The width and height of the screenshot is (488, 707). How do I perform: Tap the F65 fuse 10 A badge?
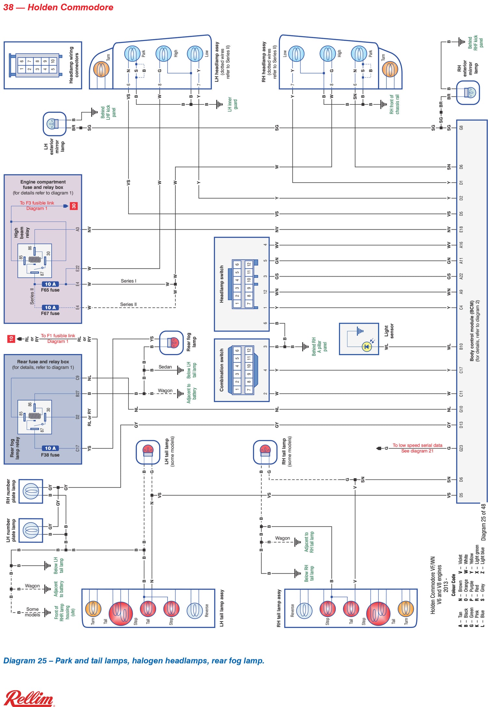[x=50, y=284]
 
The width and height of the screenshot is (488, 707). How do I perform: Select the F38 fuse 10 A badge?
[x=50, y=448]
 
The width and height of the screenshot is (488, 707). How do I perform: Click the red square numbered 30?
[x=74, y=206]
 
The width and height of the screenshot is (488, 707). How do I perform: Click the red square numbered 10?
[x=11, y=339]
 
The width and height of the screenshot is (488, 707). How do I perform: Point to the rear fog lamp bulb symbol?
[x=173, y=343]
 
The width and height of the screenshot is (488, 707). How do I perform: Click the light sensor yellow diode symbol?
[x=367, y=347]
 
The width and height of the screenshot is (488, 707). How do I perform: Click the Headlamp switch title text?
[x=222, y=284]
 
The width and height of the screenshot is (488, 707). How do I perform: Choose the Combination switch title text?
[x=222, y=370]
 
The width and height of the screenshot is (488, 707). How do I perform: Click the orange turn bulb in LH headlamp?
[x=101, y=69]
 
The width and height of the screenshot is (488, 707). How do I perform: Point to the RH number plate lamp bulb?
[x=31, y=491]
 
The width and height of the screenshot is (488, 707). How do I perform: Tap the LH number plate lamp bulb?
[x=31, y=530]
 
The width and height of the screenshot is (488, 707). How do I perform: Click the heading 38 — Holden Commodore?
[x=58, y=7]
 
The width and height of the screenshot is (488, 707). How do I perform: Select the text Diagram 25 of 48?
[x=483, y=522]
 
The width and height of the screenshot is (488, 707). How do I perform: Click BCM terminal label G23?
[x=461, y=448]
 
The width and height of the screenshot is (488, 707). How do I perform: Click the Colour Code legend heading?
[x=454, y=585]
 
